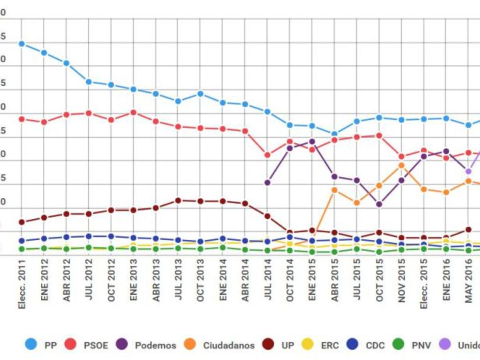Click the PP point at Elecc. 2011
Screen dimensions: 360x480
(22, 44)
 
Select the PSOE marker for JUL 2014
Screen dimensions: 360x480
(268, 155)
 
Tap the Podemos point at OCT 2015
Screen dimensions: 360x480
(379, 204)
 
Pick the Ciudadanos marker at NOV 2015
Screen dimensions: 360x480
(402, 165)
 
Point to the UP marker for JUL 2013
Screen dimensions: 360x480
(178, 200)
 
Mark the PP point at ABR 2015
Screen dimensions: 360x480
(334, 134)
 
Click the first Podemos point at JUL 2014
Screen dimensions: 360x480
(268, 182)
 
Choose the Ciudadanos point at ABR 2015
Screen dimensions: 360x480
(334, 190)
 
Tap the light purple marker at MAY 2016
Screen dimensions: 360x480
(468, 171)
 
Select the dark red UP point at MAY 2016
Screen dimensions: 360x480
(468, 230)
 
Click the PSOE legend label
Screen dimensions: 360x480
(96, 345)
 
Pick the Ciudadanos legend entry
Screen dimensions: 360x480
(228, 345)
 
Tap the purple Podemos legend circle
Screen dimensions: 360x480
(122, 344)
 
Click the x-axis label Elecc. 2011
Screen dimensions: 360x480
(22, 284)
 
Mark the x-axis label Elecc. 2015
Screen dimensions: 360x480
(424, 284)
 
